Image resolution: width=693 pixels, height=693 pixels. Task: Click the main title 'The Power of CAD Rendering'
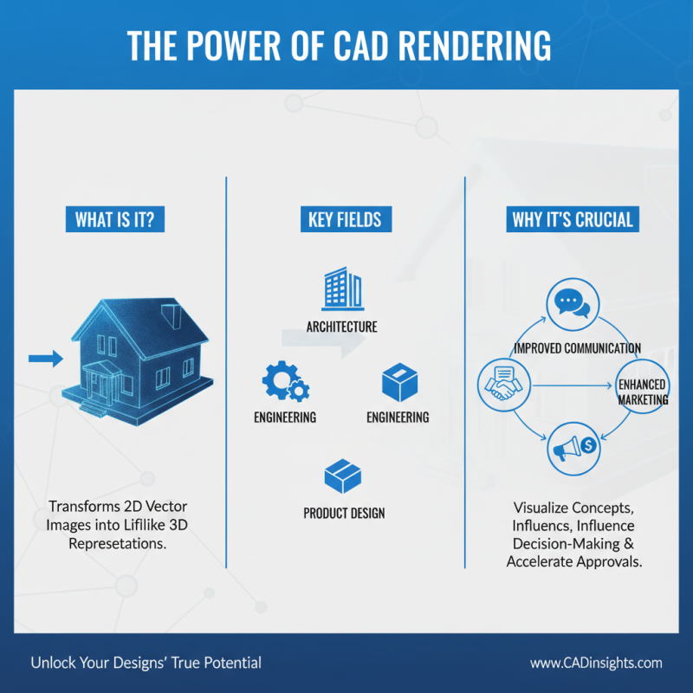click(346, 45)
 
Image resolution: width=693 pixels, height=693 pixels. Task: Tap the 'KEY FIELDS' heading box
click(345, 219)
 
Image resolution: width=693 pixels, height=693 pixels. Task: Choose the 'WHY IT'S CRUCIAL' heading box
click(573, 219)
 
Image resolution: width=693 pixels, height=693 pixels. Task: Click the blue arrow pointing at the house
click(45, 358)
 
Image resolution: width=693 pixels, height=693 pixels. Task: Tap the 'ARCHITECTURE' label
click(341, 327)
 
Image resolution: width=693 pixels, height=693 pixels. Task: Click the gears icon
click(283, 381)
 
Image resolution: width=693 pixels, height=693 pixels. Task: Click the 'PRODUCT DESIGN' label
click(344, 513)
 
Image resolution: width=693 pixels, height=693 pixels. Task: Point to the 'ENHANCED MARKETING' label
click(642, 392)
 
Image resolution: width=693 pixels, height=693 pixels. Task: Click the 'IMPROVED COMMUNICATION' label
click(577, 348)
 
